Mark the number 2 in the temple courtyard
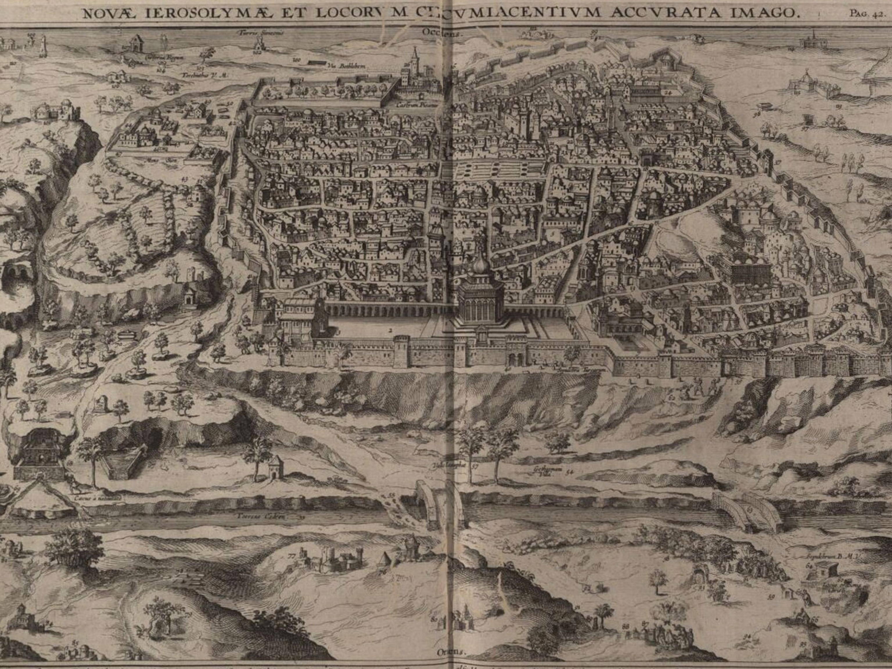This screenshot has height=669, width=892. pos(390,330)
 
